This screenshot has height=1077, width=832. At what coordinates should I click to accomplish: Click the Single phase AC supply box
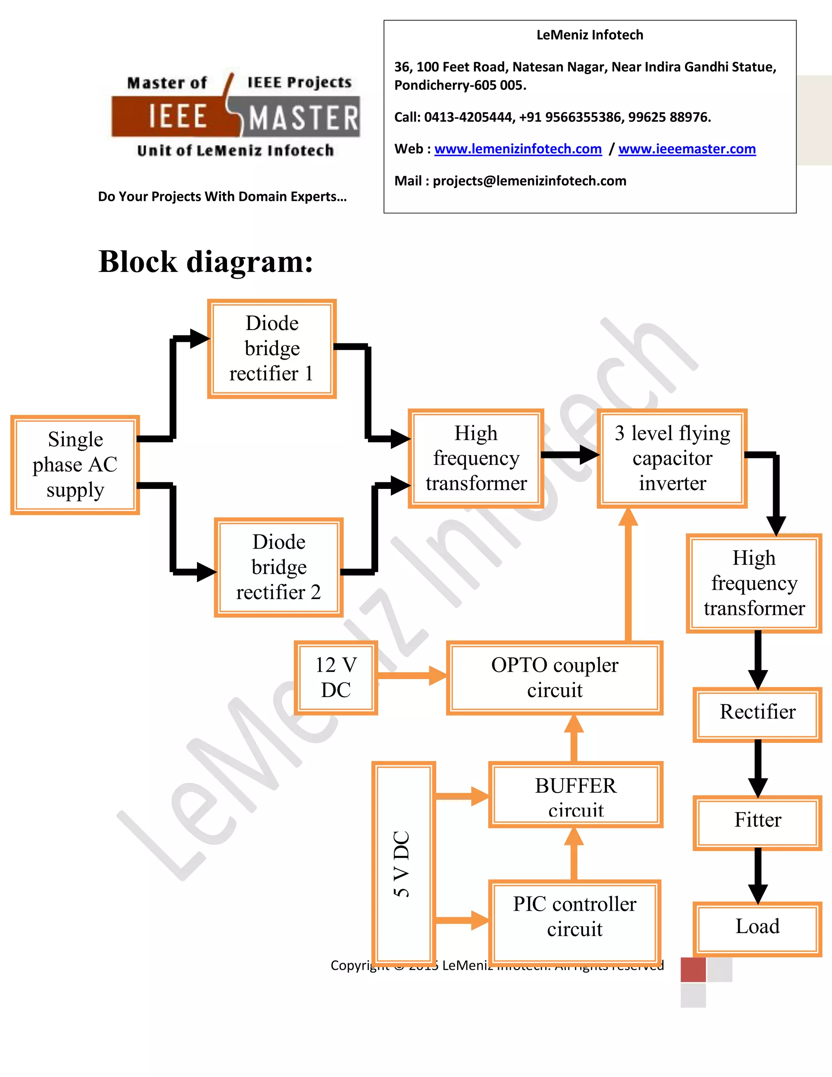pos(75,465)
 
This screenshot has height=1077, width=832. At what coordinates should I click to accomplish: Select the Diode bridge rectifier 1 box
pos(272,349)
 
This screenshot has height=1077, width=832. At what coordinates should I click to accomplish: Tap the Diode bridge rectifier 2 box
pos(278,567)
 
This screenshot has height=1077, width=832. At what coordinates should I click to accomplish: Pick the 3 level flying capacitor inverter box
pos(672,458)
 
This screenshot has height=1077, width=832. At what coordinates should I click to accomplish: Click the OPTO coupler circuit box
pos(555,677)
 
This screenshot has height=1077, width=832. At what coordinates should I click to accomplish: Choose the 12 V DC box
pos(336,677)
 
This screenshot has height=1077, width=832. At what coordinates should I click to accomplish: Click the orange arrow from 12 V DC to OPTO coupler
pos(411,675)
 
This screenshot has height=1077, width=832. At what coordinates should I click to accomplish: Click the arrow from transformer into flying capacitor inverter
pos(570,455)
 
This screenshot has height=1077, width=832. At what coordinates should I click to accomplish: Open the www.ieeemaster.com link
pos(687,149)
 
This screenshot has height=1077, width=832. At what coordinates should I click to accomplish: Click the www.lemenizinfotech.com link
pos(518,149)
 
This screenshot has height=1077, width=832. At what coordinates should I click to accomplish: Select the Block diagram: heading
pos(206,261)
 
